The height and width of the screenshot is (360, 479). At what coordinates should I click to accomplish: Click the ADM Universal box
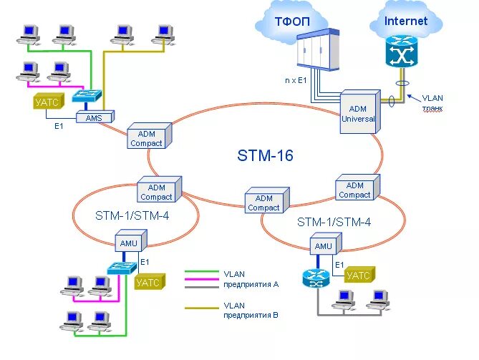(360, 112)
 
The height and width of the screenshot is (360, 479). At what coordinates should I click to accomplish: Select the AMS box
(95, 117)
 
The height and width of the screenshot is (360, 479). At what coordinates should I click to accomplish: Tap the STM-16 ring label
(265, 155)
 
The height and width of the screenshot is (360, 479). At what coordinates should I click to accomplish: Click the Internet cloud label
(406, 21)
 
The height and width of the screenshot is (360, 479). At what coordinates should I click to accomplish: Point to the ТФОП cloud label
(292, 21)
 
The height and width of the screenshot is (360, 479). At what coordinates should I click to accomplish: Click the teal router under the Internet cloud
(401, 52)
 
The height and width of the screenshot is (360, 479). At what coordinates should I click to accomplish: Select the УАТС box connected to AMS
(49, 101)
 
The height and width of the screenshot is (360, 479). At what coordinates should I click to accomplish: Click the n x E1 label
(296, 80)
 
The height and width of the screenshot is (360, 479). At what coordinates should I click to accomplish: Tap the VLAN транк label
(432, 103)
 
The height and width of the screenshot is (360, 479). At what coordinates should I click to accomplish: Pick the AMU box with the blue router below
(326, 244)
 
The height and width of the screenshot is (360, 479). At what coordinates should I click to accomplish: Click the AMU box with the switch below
(131, 240)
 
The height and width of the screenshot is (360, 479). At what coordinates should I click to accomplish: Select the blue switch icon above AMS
(87, 95)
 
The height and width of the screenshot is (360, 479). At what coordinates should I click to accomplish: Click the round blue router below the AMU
(316, 278)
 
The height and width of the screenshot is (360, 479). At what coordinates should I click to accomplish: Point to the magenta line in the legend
(202, 279)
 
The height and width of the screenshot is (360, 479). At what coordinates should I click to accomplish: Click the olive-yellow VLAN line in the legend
(202, 308)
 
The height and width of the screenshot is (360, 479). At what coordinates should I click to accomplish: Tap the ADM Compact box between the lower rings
(267, 200)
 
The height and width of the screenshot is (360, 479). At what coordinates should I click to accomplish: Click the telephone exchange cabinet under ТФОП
(318, 49)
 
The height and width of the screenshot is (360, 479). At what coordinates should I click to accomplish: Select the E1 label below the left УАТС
(59, 125)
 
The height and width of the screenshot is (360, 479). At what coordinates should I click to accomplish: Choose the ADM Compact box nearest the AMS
(150, 135)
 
